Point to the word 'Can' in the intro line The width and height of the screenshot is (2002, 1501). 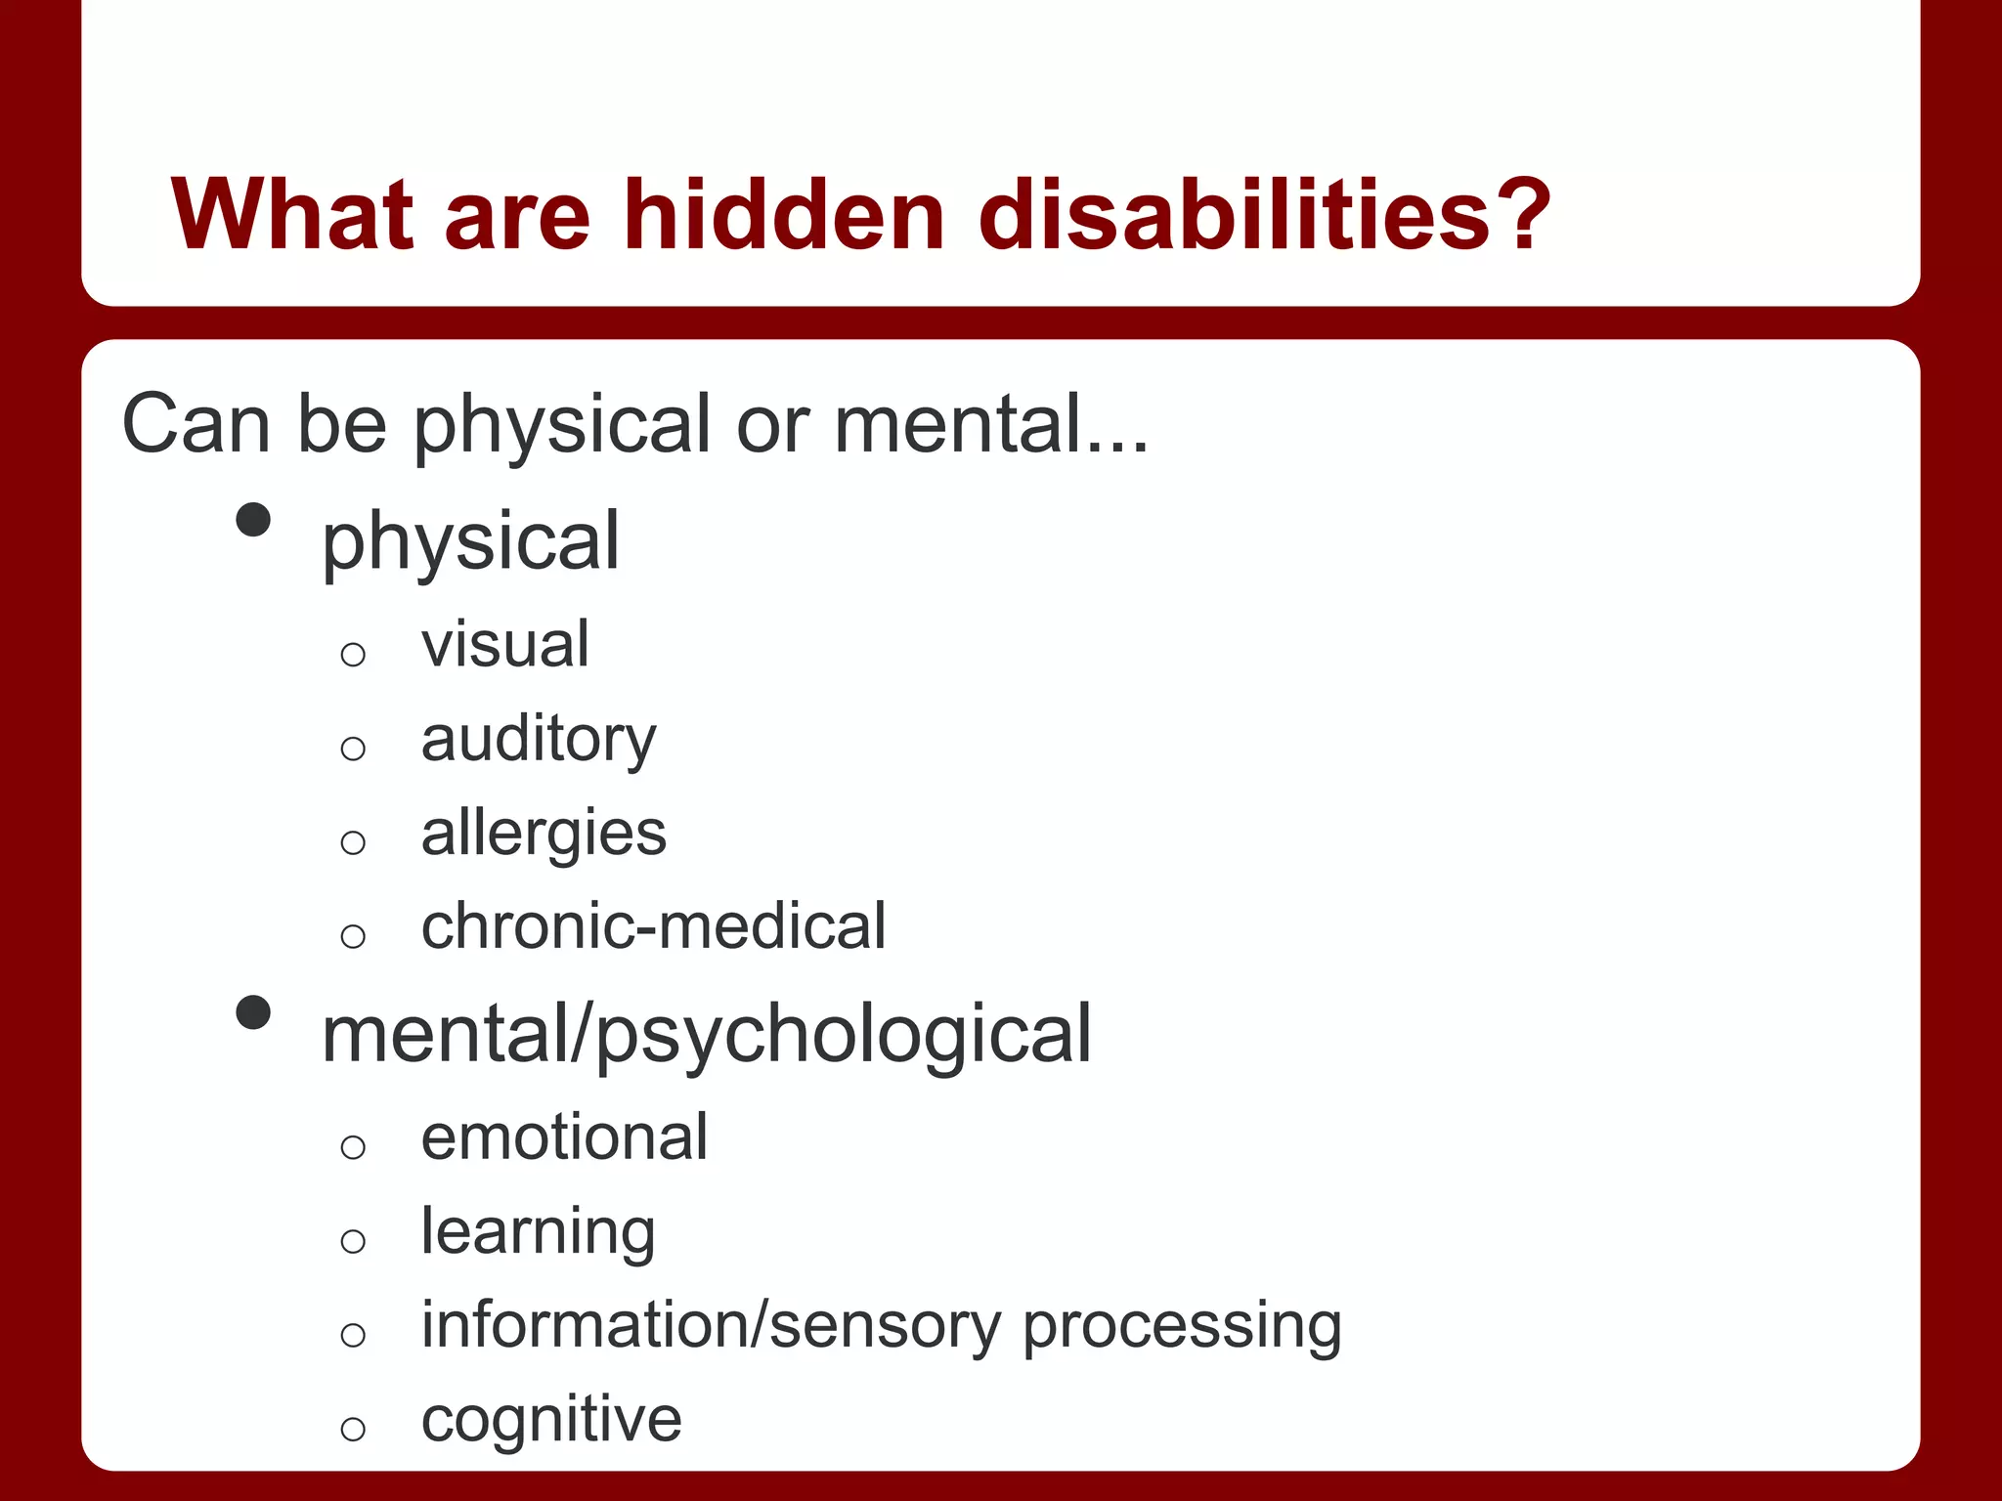click(x=196, y=424)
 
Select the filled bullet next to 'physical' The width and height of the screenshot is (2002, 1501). click(x=253, y=520)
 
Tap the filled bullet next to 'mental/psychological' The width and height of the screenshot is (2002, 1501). click(x=253, y=1012)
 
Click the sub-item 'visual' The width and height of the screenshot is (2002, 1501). click(x=504, y=645)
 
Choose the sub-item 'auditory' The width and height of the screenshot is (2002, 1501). click(x=539, y=740)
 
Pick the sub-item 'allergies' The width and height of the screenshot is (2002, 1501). click(x=544, y=834)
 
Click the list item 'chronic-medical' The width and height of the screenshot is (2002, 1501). click(x=653, y=926)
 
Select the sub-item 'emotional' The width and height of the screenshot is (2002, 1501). click(x=564, y=1137)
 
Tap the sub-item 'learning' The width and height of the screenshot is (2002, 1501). click(x=538, y=1232)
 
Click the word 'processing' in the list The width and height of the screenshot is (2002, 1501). click(x=1182, y=1327)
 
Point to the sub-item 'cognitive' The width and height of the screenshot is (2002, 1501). click(x=551, y=1419)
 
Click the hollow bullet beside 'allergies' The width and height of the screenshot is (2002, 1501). click(x=353, y=842)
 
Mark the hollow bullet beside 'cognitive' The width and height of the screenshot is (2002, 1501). click(x=353, y=1429)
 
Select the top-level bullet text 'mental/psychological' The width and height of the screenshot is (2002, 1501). click(x=706, y=1034)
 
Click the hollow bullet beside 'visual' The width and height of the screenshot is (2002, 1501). click(x=353, y=654)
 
